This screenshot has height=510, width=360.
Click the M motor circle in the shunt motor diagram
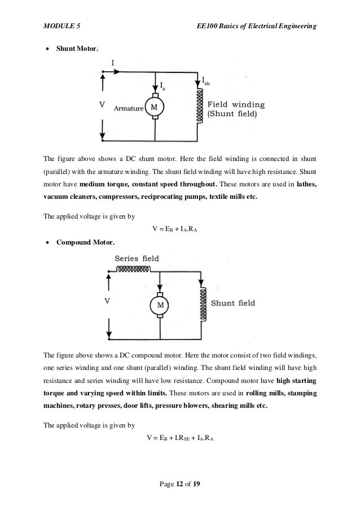pos(153,106)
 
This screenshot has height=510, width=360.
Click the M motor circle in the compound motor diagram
pos(160,305)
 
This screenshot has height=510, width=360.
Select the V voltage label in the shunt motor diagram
pos(102,104)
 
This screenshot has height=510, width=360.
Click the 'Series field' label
pos(137,258)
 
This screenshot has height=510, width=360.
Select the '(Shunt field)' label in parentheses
pos(232,114)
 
